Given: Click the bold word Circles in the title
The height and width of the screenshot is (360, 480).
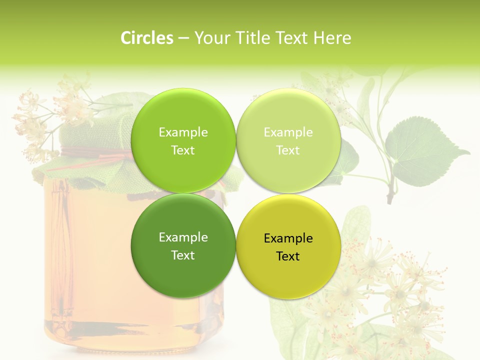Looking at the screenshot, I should point(147,38).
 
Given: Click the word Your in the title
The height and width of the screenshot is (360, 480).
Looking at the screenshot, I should point(211,38).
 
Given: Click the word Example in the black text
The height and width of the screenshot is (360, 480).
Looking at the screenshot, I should point(288,238).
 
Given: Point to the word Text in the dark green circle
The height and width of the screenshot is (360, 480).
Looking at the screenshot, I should point(183,255).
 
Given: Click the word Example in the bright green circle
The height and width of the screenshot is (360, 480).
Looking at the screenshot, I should point(183,132).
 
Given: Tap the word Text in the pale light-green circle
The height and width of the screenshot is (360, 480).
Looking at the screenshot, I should point(288,150).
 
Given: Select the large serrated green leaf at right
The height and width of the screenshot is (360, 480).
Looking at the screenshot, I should point(425,150).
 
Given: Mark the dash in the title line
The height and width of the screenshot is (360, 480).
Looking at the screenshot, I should point(183,38).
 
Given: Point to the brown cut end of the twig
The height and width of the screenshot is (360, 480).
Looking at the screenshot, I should point(390,199).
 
